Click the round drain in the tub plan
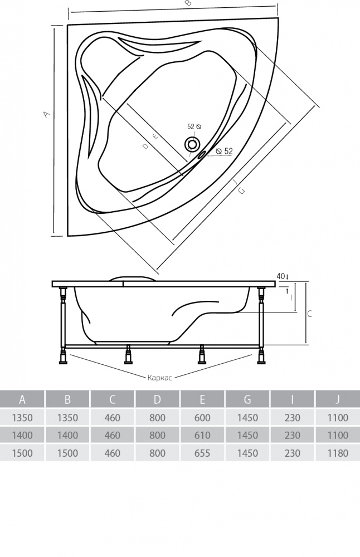192,144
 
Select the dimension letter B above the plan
188,4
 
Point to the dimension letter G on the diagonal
241,191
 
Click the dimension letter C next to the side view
310,314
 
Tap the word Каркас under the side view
159,377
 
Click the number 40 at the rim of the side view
280,276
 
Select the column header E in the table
203,399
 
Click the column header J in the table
338,399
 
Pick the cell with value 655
203,453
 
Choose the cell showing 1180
338,453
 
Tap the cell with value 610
203,435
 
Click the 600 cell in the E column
203,417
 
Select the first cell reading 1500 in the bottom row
22,453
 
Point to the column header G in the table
247,399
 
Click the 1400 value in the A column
22,435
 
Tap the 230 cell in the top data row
293,417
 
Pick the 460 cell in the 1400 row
113,435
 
